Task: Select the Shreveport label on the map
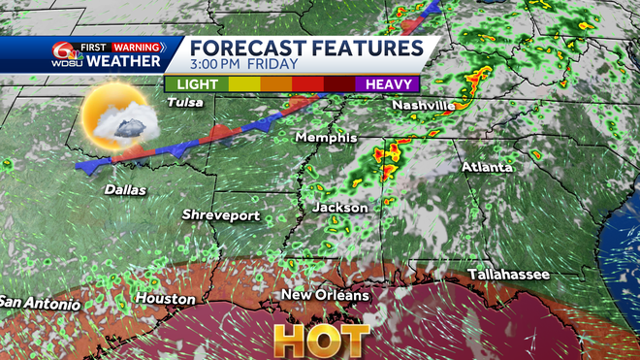221,214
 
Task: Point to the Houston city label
165,299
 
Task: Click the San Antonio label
39,304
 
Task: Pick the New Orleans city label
325,295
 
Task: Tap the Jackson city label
340,208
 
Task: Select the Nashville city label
424,105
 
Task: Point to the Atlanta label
486,168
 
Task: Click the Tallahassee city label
509,276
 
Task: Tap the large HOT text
321,341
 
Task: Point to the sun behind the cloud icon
107,119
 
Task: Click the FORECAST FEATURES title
304,49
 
